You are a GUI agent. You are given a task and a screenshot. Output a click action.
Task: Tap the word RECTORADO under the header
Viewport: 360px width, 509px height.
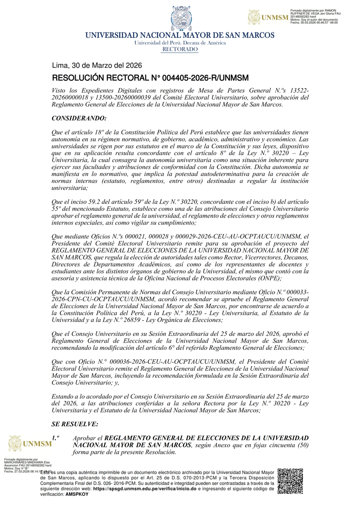click(x=180, y=49)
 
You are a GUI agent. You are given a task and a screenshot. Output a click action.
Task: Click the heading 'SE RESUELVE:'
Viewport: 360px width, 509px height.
click(x=75, y=424)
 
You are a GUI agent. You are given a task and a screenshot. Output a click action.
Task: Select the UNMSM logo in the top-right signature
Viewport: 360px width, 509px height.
click(x=268, y=17)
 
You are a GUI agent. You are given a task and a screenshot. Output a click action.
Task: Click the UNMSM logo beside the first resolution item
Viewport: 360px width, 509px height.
click(x=29, y=444)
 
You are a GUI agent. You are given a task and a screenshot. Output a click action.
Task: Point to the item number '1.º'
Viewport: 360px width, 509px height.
click(x=57, y=438)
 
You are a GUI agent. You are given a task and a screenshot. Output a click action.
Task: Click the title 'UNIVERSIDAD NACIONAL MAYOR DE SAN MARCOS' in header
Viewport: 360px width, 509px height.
click(x=180, y=35)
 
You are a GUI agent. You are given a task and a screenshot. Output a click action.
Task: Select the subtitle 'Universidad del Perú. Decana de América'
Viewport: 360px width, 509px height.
click(x=180, y=43)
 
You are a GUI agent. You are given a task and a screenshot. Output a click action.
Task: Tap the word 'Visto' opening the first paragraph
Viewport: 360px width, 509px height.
click(x=60, y=90)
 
